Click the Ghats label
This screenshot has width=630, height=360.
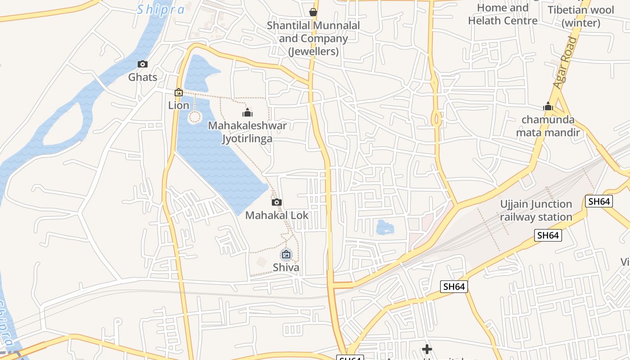[143, 77]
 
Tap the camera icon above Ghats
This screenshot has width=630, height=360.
[143, 64]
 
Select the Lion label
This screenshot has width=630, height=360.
[179, 105]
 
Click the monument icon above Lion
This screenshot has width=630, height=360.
[179, 92]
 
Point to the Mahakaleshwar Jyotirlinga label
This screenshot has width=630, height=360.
[247, 132]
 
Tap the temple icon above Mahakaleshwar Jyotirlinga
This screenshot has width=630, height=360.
[247, 112]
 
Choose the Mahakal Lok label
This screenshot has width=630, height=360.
[277, 215]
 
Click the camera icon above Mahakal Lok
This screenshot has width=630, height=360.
[277, 202]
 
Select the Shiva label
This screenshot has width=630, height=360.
[286, 267]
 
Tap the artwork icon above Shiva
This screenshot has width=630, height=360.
[286, 255]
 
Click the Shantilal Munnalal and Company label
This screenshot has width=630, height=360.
[313, 38]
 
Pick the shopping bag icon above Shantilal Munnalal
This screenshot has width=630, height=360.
[313, 12]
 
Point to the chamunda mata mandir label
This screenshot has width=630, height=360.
[548, 126]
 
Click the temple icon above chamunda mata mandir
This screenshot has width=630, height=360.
[548, 107]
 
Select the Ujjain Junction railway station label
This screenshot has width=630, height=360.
[536, 211]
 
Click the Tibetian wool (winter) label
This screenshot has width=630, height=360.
[580, 16]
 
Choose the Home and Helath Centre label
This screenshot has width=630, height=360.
[503, 14]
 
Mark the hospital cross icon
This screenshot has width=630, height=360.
[427, 349]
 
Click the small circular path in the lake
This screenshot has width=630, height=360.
[194, 117]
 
